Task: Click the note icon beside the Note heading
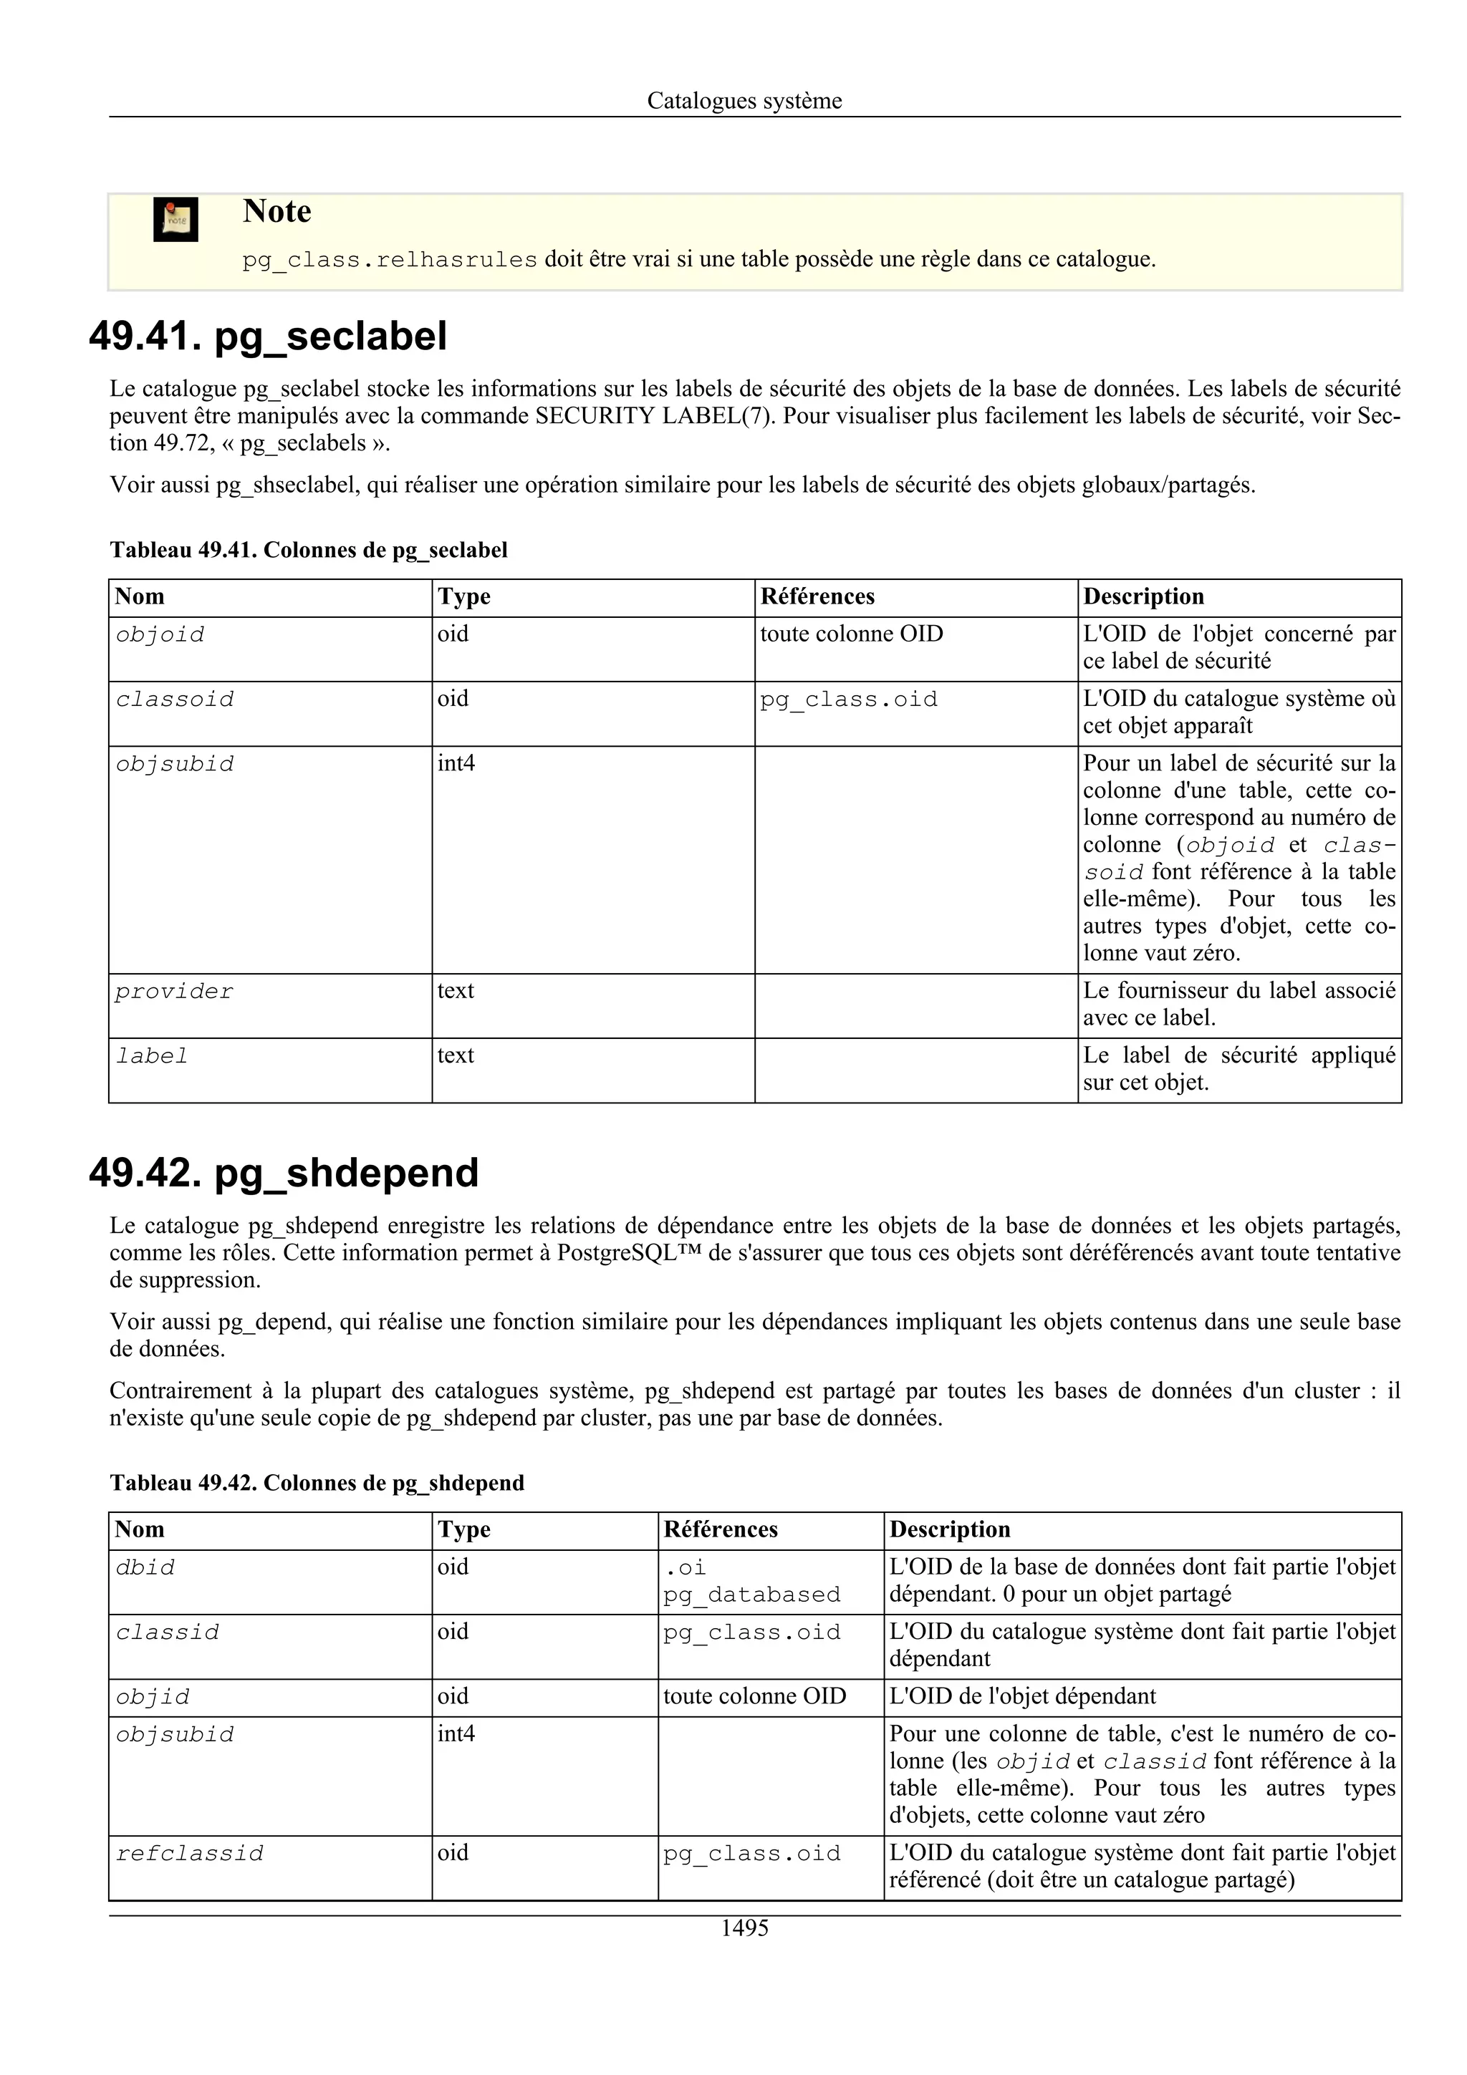pyautogui.click(x=175, y=220)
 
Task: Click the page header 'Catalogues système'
pyautogui.click(x=744, y=100)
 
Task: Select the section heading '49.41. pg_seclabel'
pyautogui.click(x=268, y=337)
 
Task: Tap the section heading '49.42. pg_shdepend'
pyautogui.click(x=283, y=1173)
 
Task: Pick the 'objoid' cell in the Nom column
pyautogui.click(x=160, y=635)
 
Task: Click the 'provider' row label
pyautogui.click(x=173, y=992)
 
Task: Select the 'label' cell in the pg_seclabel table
pyautogui.click(x=152, y=1057)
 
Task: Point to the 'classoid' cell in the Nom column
pyautogui.click(x=175, y=700)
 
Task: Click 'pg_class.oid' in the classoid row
pyautogui.click(x=848, y=700)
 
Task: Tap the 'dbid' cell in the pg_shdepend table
pyautogui.click(x=145, y=1568)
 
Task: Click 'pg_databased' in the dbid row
pyautogui.click(x=751, y=1595)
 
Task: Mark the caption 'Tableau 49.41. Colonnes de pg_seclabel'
pyautogui.click(x=308, y=551)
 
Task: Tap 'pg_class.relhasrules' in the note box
pyautogui.click(x=390, y=261)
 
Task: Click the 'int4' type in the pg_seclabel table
pyautogui.click(x=456, y=764)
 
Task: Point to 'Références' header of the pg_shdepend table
pyautogui.click(x=721, y=1530)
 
